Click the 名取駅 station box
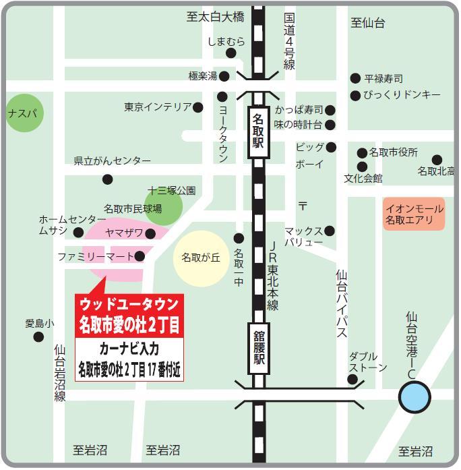tap(258, 131)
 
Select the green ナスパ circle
tap(25, 113)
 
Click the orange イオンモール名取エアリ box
tap(414, 214)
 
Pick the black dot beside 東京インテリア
tap(198, 107)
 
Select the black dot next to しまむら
tap(231, 53)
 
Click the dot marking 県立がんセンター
tap(107, 179)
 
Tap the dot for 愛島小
tap(38, 336)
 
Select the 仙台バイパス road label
tap(342, 303)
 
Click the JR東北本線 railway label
tap(272, 276)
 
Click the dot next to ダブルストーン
tap(352, 380)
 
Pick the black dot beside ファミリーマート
tap(140, 256)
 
